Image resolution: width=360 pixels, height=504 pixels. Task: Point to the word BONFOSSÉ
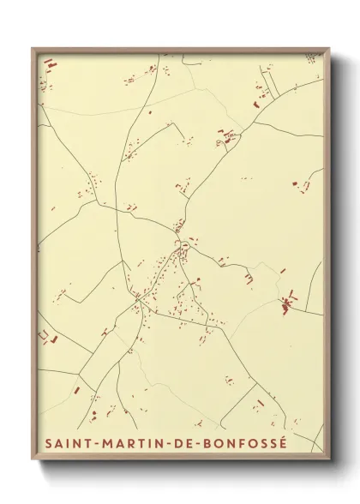coord(234,444)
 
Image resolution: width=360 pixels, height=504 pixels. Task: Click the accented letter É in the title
coord(282,443)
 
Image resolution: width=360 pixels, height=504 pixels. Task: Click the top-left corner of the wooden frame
coord(33,49)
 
